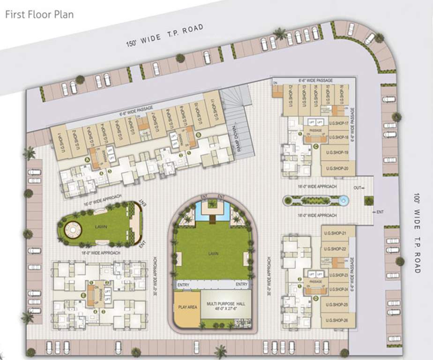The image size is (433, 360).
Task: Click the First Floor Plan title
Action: (39, 14)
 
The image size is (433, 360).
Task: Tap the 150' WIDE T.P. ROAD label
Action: (165, 36)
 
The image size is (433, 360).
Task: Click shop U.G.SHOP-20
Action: (337, 168)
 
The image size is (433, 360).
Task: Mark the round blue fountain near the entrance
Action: (344, 201)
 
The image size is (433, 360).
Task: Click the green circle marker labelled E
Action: (83, 295)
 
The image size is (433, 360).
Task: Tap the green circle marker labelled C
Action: (316, 146)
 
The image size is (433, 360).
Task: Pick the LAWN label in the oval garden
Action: (101, 227)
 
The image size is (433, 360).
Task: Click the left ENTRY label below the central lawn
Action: (183, 285)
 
